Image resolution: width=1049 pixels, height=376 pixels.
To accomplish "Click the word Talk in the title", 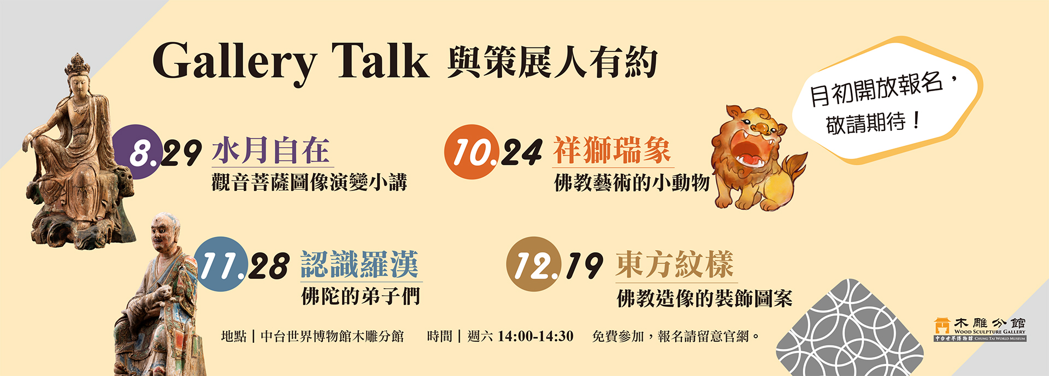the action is click(380, 60).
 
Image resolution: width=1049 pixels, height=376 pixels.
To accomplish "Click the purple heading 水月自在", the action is click(271, 150).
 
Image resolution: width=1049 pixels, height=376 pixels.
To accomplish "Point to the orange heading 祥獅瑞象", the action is click(612, 150).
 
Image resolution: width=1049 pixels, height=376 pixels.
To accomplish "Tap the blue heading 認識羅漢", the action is click(360, 264).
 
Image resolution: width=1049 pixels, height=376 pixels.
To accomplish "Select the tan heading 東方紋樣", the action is click(675, 264).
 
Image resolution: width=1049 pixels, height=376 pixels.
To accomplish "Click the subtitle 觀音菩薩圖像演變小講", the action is click(309, 182).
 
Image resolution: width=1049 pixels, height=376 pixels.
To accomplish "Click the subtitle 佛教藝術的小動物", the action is click(632, 183).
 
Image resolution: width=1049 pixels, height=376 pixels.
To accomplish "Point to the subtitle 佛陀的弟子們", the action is click(361, 296).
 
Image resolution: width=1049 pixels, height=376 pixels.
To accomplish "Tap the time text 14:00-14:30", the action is click(535, 336).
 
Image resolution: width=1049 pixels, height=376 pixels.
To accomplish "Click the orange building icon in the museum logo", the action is click(942, 326).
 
